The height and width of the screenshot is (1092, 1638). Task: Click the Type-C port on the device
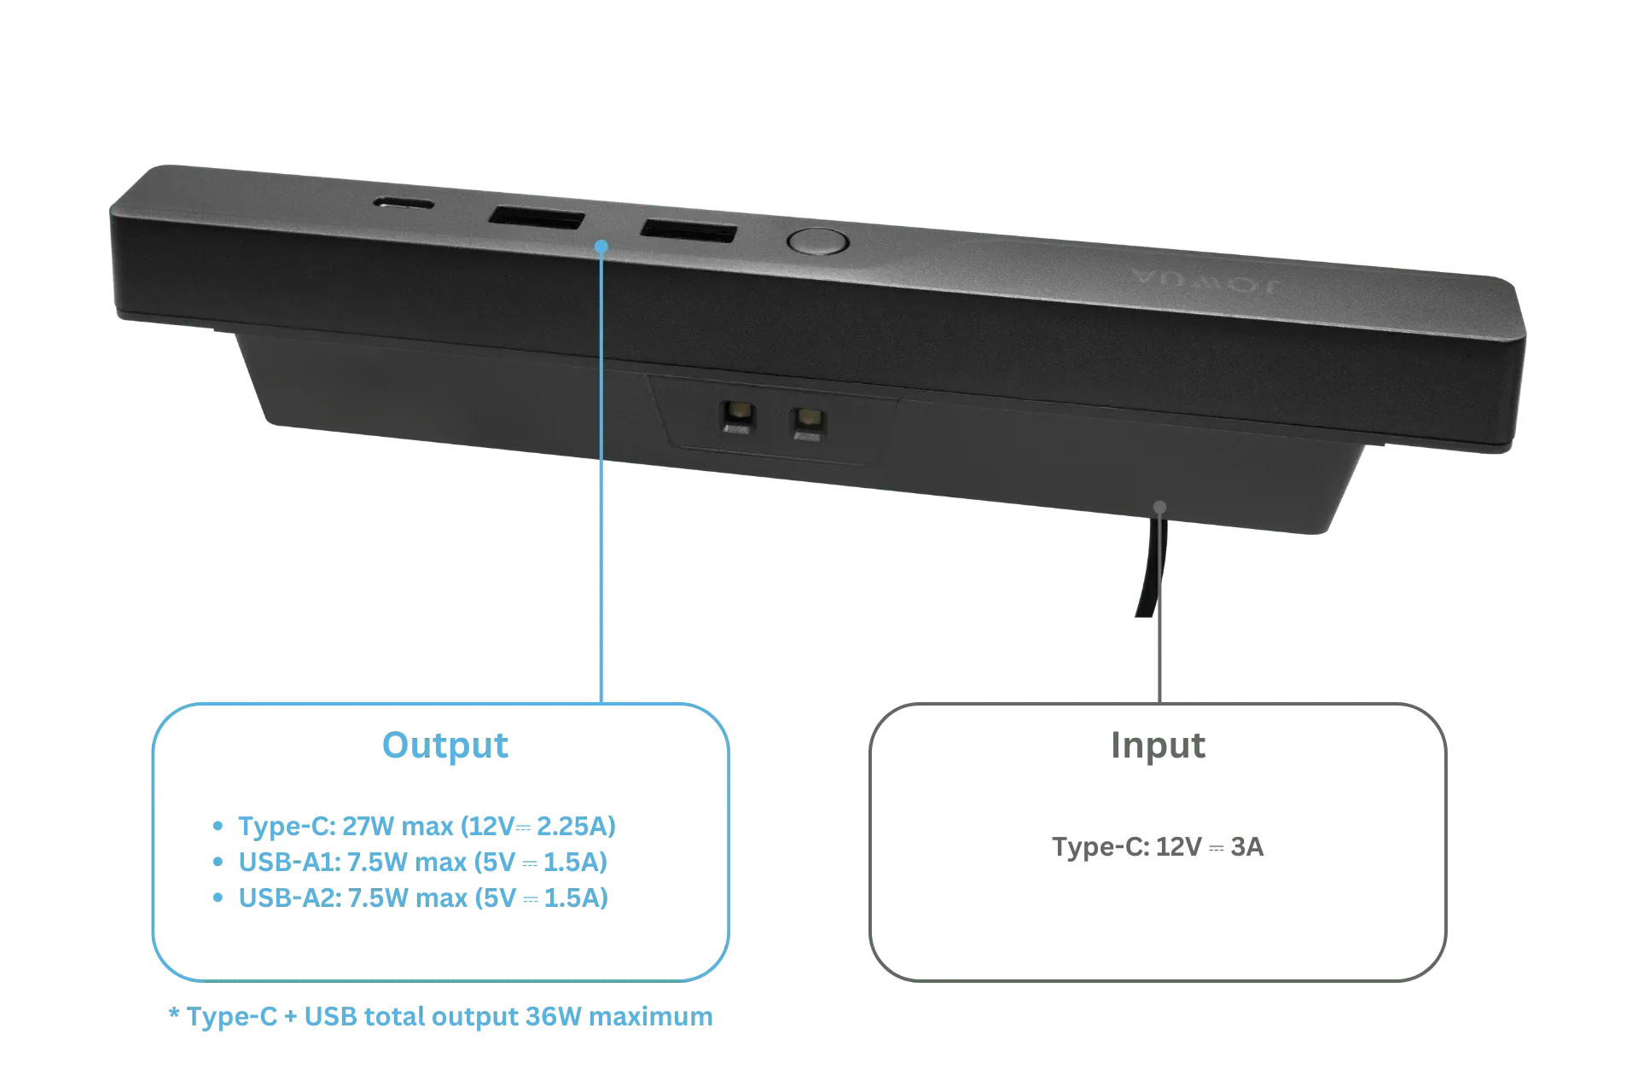(x=404, y=204)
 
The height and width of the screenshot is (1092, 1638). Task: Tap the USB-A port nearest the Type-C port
(x=537, y=218)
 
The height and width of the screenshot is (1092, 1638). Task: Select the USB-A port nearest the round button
(x=688, y=231)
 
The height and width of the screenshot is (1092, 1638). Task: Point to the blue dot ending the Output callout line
(x=601, y=247)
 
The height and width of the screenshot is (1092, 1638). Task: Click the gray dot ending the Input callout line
(x=1159, y=507)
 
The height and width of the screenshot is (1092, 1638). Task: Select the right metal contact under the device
(x=807, y=423)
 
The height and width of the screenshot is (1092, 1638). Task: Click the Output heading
(x=445, y=745)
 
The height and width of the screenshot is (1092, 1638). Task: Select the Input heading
(x=1158, y=745)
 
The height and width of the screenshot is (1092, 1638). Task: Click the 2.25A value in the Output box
(x=576, y=826)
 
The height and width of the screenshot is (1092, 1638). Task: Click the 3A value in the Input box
(x=1247, y=846)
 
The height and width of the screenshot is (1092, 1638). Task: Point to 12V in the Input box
(x=1178, y=846)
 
